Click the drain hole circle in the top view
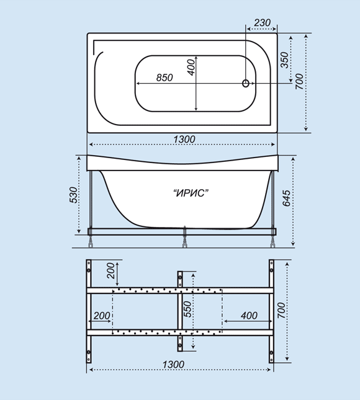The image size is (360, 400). [x=246, y=83]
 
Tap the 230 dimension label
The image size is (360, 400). [x=262, y=23]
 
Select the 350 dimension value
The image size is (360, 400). [x=284, y=60]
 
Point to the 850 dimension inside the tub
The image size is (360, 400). [x=164, y=78]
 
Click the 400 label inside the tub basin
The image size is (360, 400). [x=191, y=68]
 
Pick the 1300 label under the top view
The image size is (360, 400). [x=184, y=140]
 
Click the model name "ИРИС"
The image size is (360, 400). [x=191, y=193]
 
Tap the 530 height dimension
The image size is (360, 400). [x=73, y=195]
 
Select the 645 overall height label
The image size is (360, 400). [x=286, y=198]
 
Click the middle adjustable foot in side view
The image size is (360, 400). [x=185, y=241]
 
